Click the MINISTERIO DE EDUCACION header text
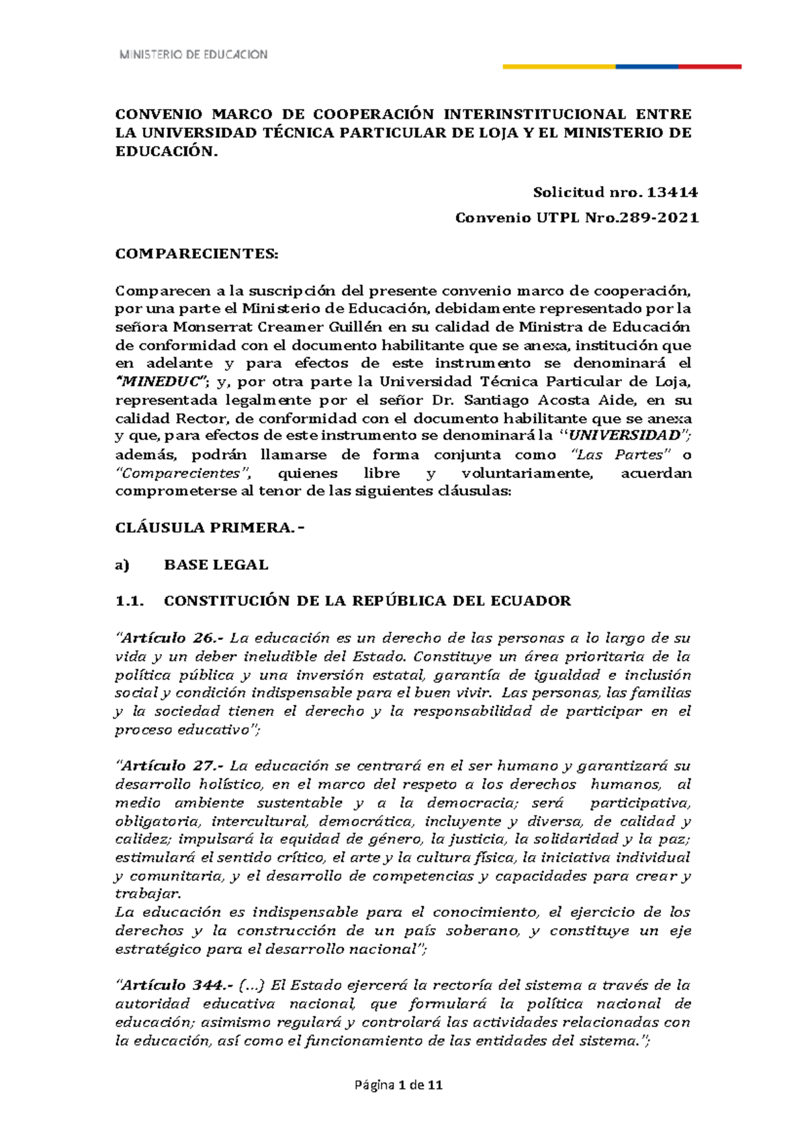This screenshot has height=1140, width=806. pos(193,54)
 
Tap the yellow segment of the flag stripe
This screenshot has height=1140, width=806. pos(559,67)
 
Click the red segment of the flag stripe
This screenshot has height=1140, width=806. pos(709,67)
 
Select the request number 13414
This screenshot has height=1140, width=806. pos(672,192)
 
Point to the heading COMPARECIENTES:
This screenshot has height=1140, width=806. pos(196,254)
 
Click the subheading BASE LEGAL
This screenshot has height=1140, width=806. pos(216,565)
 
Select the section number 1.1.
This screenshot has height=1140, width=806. pos(130,601)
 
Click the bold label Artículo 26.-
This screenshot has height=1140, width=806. pos(173,638)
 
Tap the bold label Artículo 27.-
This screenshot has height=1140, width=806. pos(173,766)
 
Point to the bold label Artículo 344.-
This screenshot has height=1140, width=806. pos(177,985)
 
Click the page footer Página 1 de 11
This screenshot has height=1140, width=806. pos(402,1085)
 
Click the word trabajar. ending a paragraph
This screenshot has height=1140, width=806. pos(148,894)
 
